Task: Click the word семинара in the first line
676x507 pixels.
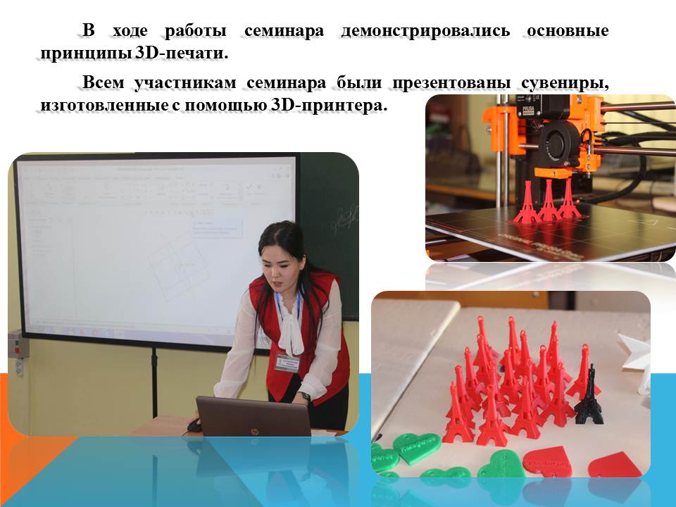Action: coord(284,31)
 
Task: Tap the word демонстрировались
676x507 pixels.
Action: coord(425,31)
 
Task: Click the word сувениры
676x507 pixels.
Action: coord(565,83)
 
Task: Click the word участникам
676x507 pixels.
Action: coord(185,83)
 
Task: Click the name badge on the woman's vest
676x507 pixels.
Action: coord(287,363)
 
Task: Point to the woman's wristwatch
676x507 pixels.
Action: coord(306,396)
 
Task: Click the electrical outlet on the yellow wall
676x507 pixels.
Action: coord(20,368)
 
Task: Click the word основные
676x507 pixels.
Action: coord(568,31)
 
